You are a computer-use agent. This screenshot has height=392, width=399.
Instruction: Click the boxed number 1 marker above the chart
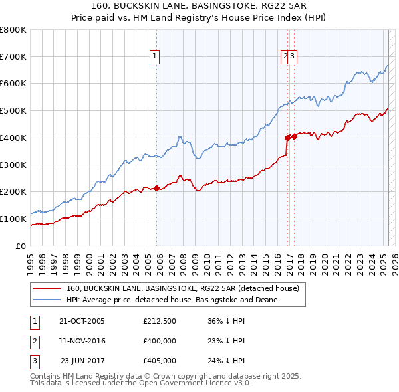coord(154,57)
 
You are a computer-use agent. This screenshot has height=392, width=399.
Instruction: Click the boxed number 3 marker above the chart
coord(293,57)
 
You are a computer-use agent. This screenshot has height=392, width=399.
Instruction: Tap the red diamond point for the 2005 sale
coord(157,188)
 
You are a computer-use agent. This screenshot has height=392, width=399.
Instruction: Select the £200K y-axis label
coord(14,191)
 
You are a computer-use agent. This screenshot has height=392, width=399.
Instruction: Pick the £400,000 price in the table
coord(159,342)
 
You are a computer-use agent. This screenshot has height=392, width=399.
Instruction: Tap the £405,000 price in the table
coord(159,361)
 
